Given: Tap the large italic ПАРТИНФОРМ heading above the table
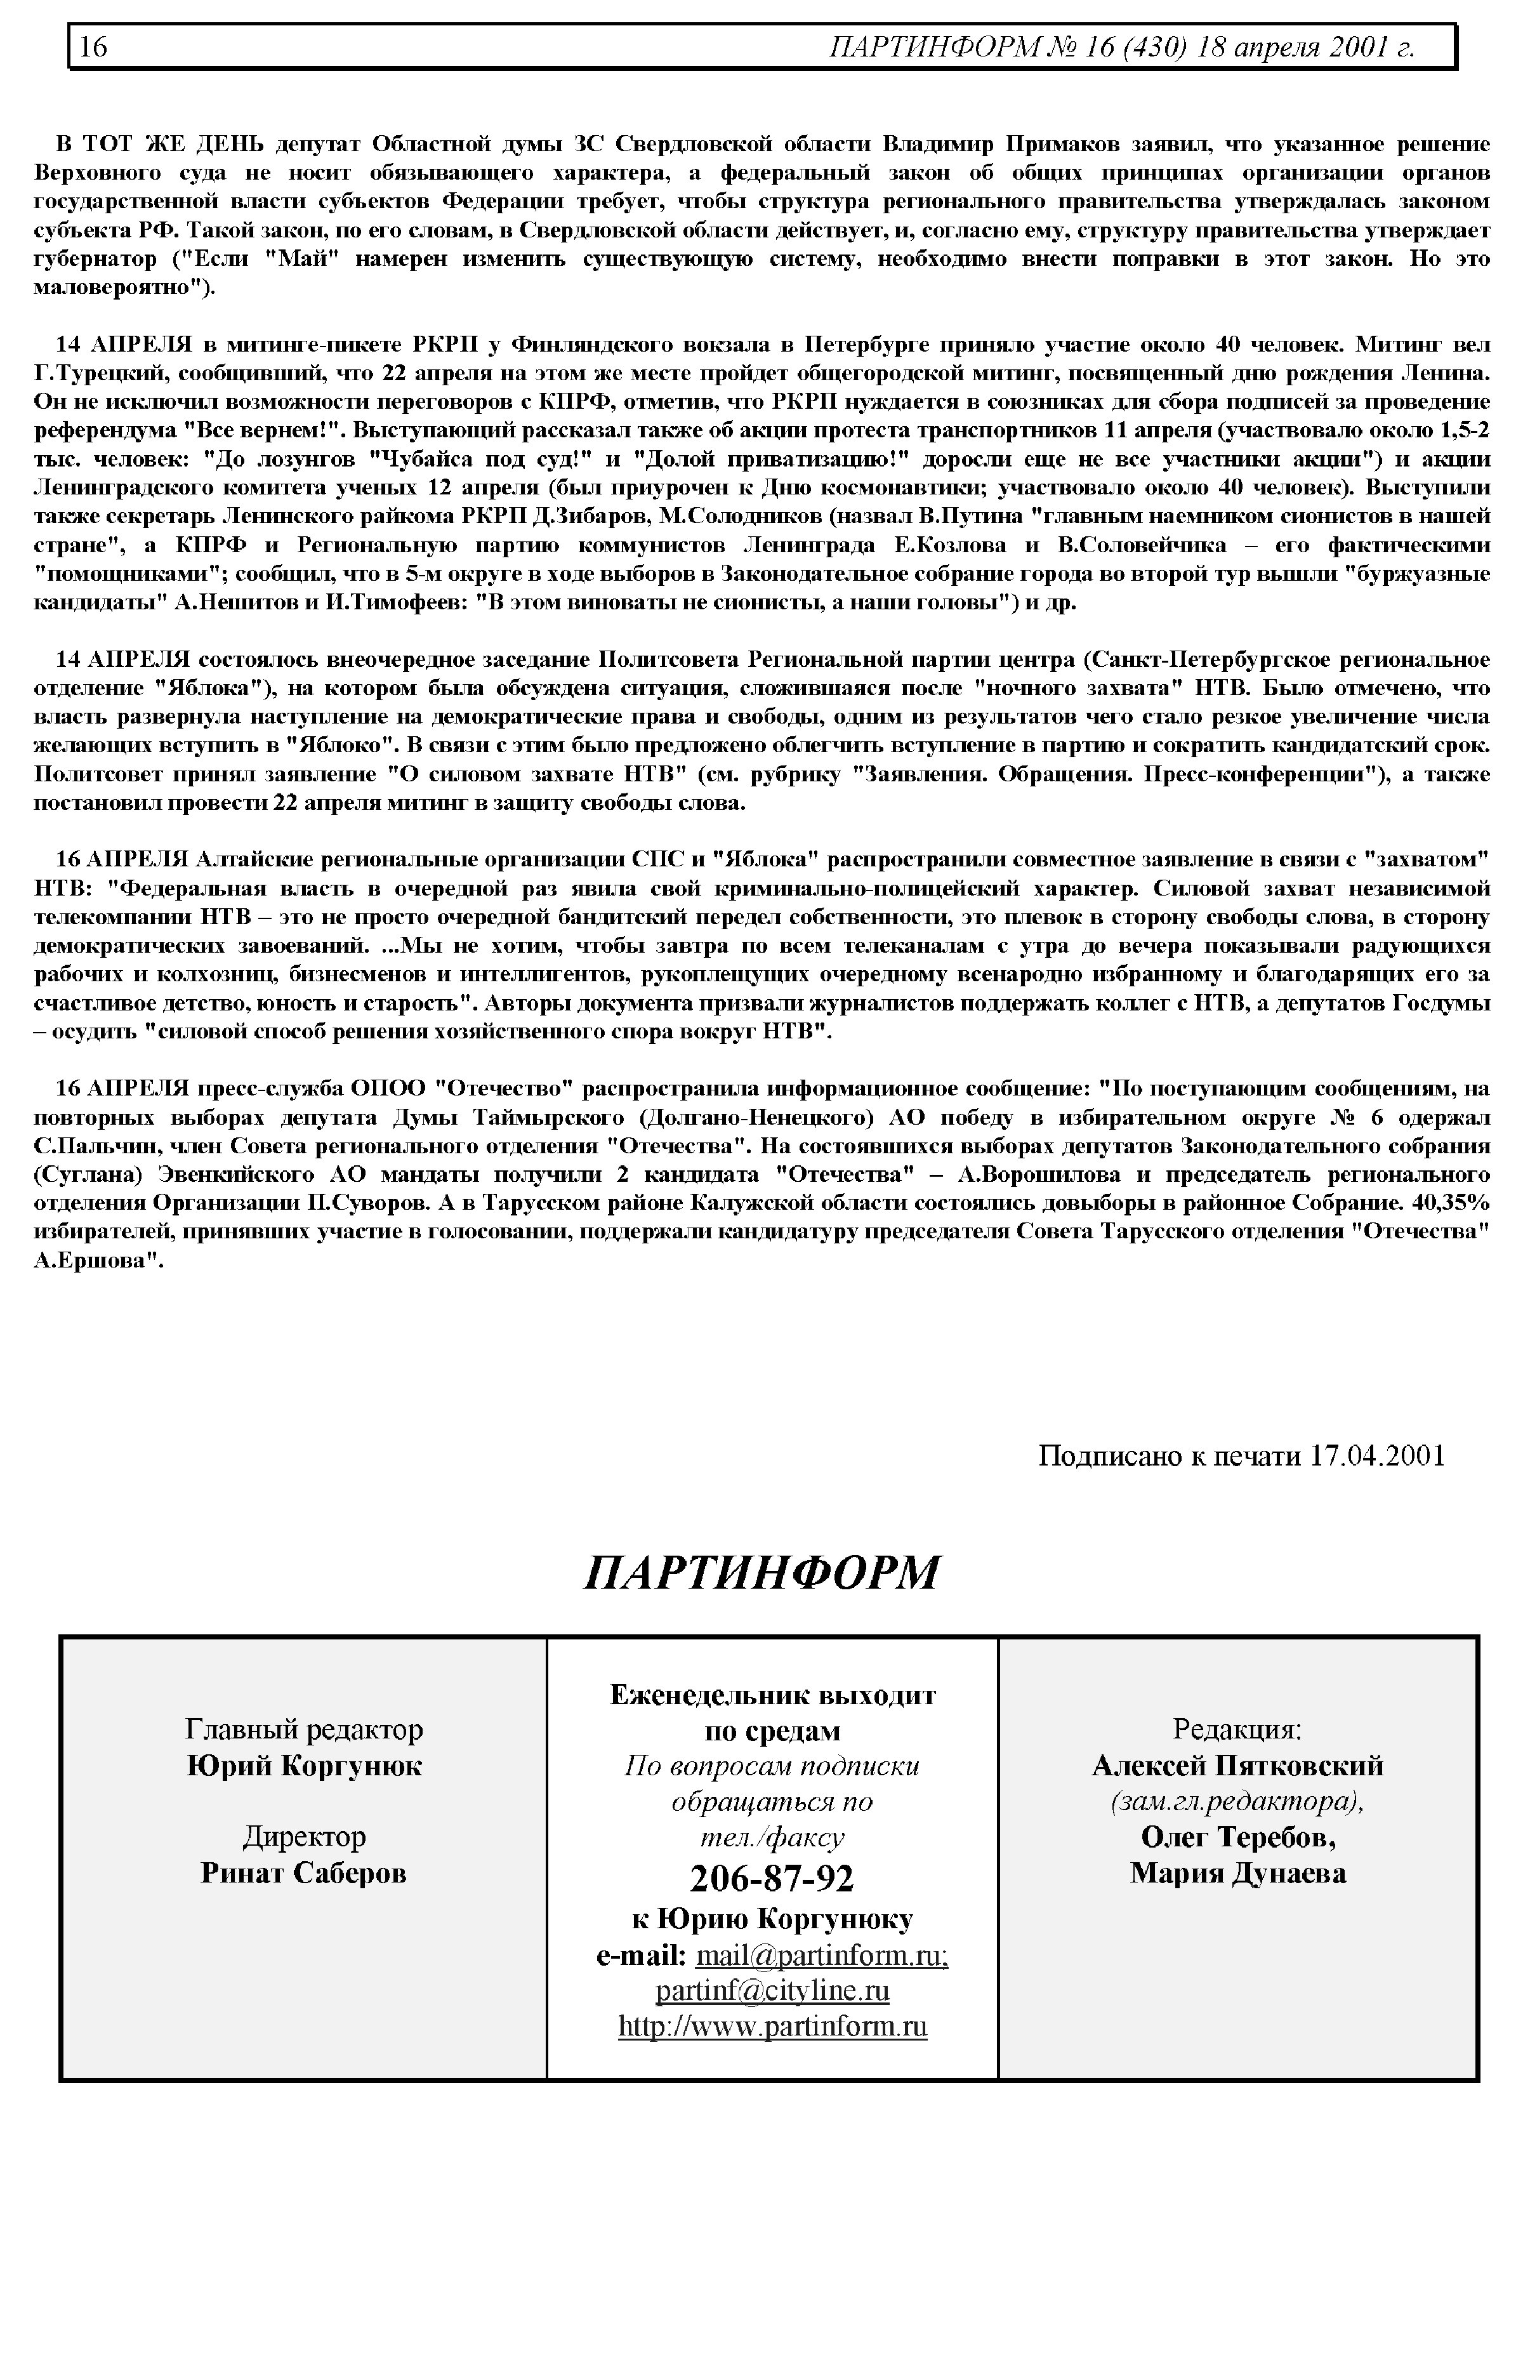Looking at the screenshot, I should (762, 1573).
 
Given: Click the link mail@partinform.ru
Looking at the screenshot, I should (821, 1956).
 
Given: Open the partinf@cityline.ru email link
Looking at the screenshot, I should (772, 1990).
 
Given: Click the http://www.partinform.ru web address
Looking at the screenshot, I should (772, 2026).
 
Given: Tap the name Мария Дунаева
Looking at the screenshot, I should (1237, 1872).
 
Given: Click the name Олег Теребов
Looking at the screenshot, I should (1237, 1837).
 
